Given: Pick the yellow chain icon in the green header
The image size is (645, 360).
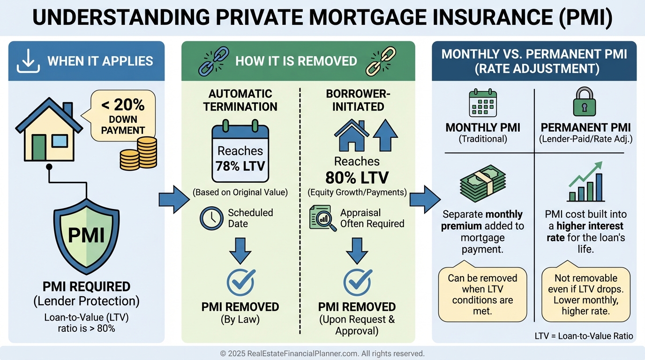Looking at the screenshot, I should click(x=377, y=61).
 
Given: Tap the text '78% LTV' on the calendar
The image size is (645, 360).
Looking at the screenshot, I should click(x=240, y=166).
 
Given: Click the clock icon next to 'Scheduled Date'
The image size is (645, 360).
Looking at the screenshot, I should click(x=211, y=218).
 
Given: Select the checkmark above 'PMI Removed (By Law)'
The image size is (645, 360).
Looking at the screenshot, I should click(x=240, y=282).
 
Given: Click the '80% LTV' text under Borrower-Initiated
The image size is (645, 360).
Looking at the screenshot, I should click(x=357, y=178).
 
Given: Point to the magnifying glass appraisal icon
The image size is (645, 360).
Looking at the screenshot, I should click(x=323, y=218).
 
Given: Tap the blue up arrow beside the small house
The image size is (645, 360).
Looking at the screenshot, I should click(x=385, y=135).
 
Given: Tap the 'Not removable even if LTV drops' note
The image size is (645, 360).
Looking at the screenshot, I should click(x=585, y=294).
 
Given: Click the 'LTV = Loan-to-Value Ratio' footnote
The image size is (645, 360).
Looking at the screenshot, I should click(x=584, y=336).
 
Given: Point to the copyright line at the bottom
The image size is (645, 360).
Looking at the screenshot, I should click(x=322, y=353).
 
